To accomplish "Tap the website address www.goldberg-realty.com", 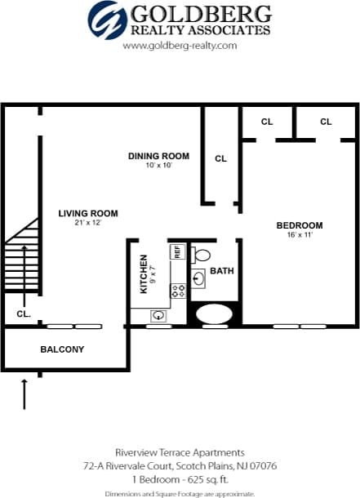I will pos(180,46).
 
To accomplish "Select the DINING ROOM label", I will pos(159,156).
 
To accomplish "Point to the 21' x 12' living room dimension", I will pos(87,223).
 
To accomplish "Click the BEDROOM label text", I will pos(299,225).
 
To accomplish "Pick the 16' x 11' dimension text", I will pos(299,235).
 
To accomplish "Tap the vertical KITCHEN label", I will pos(144,273).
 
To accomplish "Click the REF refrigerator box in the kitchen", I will pos(176,251).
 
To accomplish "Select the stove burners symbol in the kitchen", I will pos(176,290).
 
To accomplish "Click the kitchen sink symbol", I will pos(160,315).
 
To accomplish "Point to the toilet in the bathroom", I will pos(202,255).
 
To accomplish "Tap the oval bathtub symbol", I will pos(215,313).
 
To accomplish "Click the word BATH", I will pos(221,270).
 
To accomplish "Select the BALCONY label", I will pos(62,349).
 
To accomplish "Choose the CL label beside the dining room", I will pos(220,158).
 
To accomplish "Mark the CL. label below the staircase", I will pos(23,313).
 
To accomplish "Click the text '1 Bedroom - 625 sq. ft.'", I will pos(180,479).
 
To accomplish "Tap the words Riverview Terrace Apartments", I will pos(180,452).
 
